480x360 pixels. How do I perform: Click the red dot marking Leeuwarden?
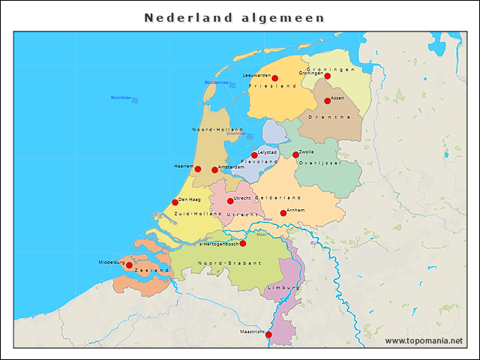point(274,78)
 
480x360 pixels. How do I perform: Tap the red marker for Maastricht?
point(269,335)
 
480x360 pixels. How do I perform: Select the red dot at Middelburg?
point(129,265)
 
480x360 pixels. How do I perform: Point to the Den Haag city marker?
point(175,202)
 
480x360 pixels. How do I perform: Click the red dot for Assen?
point(327,100)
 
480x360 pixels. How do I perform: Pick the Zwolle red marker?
point(295,154)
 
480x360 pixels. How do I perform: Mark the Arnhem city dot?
point(283,213)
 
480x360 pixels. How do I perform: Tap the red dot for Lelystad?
point(254,154)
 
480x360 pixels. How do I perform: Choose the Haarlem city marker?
point(198,169)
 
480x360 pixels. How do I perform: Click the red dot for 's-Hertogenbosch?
point(242,243)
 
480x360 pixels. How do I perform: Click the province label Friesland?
point(277,86)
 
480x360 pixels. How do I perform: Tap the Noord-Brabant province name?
point(229,263)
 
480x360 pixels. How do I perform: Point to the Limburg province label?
point(285,287)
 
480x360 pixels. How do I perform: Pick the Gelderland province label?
point(277,197)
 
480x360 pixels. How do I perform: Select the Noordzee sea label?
point(121,97)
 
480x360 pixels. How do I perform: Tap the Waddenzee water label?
point(216,82)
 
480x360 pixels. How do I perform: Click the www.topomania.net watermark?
point(423,340)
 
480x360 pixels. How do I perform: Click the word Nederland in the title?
point(186,16)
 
